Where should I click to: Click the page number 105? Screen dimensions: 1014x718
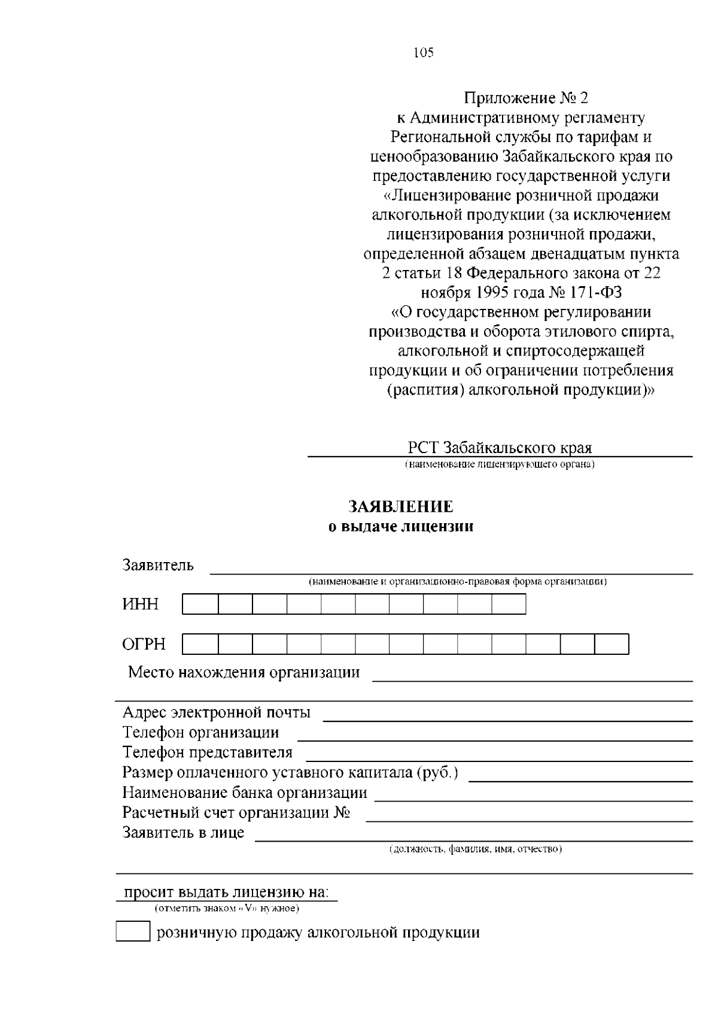[424, 53]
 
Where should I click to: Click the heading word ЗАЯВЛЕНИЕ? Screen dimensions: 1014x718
[401, 507]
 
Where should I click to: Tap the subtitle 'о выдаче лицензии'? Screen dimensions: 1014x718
[401, 527]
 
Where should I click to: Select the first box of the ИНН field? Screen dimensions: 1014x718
[200, 604]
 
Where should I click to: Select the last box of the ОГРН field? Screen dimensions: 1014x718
[611, 644]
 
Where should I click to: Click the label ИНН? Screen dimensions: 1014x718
[141, 605]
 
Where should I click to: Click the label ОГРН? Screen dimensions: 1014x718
[144, 645]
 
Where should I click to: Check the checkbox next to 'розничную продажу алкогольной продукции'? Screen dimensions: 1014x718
[132, 932]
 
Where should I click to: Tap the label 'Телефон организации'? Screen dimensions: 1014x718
[200, 733]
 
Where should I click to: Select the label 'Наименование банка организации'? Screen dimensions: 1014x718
[245, 793]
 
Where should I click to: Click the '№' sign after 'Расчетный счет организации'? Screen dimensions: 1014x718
[342, 813]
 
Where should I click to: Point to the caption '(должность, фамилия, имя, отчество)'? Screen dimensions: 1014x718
[475, 849]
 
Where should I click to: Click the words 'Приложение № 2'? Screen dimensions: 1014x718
[527, 98]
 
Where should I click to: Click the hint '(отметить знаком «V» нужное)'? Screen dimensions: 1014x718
[227, 909]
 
